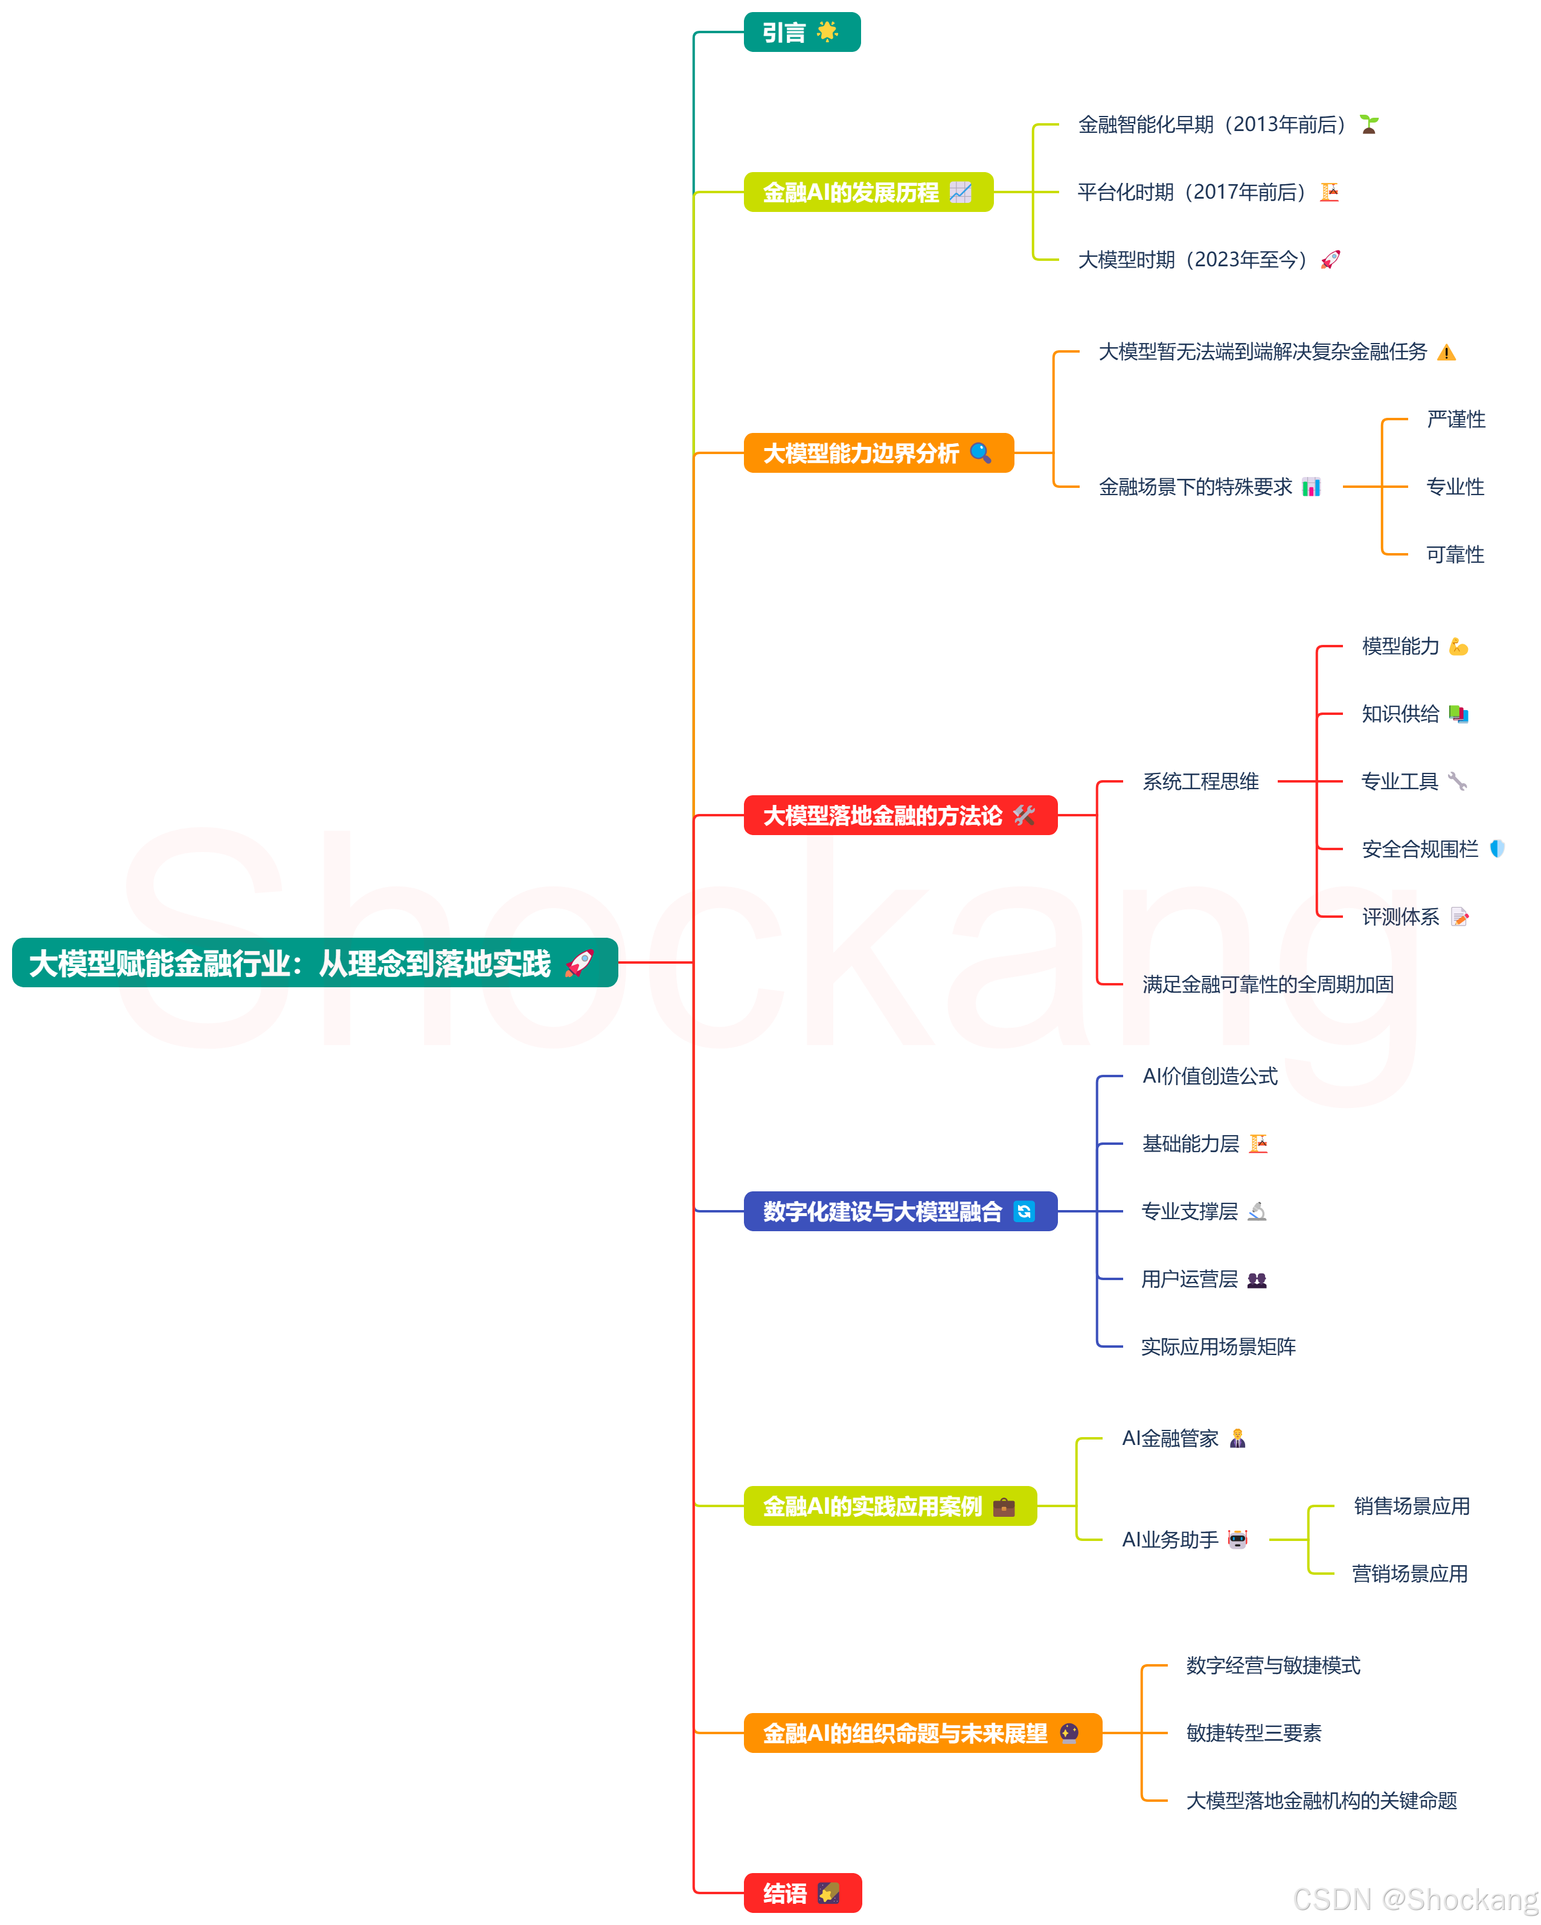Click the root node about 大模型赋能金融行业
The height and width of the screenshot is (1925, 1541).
(x=314, y=962)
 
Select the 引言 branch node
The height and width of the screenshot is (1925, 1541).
(x=801, y=32)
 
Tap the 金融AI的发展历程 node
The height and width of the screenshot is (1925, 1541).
(x=868, y=192)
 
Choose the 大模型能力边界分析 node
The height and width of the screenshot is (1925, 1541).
(x=877, y=453)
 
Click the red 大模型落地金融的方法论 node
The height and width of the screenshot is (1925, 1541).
(x=899, y=815)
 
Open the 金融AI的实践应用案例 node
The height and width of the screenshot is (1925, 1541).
(x=889, y=1507)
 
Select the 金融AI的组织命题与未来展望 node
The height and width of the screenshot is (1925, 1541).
(x=921, y=1733)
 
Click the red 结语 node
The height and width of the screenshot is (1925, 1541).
(x=802, y=1893)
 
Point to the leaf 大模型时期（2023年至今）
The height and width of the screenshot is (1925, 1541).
(x=1193, y=260)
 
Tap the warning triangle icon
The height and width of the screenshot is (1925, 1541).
(x=1446, y=353)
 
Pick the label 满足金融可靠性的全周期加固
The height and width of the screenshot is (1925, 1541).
(x=1268, y=984)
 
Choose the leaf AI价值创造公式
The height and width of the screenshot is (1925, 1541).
(x=1209, y=1076)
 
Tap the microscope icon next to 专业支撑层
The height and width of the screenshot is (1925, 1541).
(x=1257, y=1212)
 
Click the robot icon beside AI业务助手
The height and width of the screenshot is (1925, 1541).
(x=1237, y=1539)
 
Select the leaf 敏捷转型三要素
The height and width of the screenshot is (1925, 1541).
(x=1254, y=1733)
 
